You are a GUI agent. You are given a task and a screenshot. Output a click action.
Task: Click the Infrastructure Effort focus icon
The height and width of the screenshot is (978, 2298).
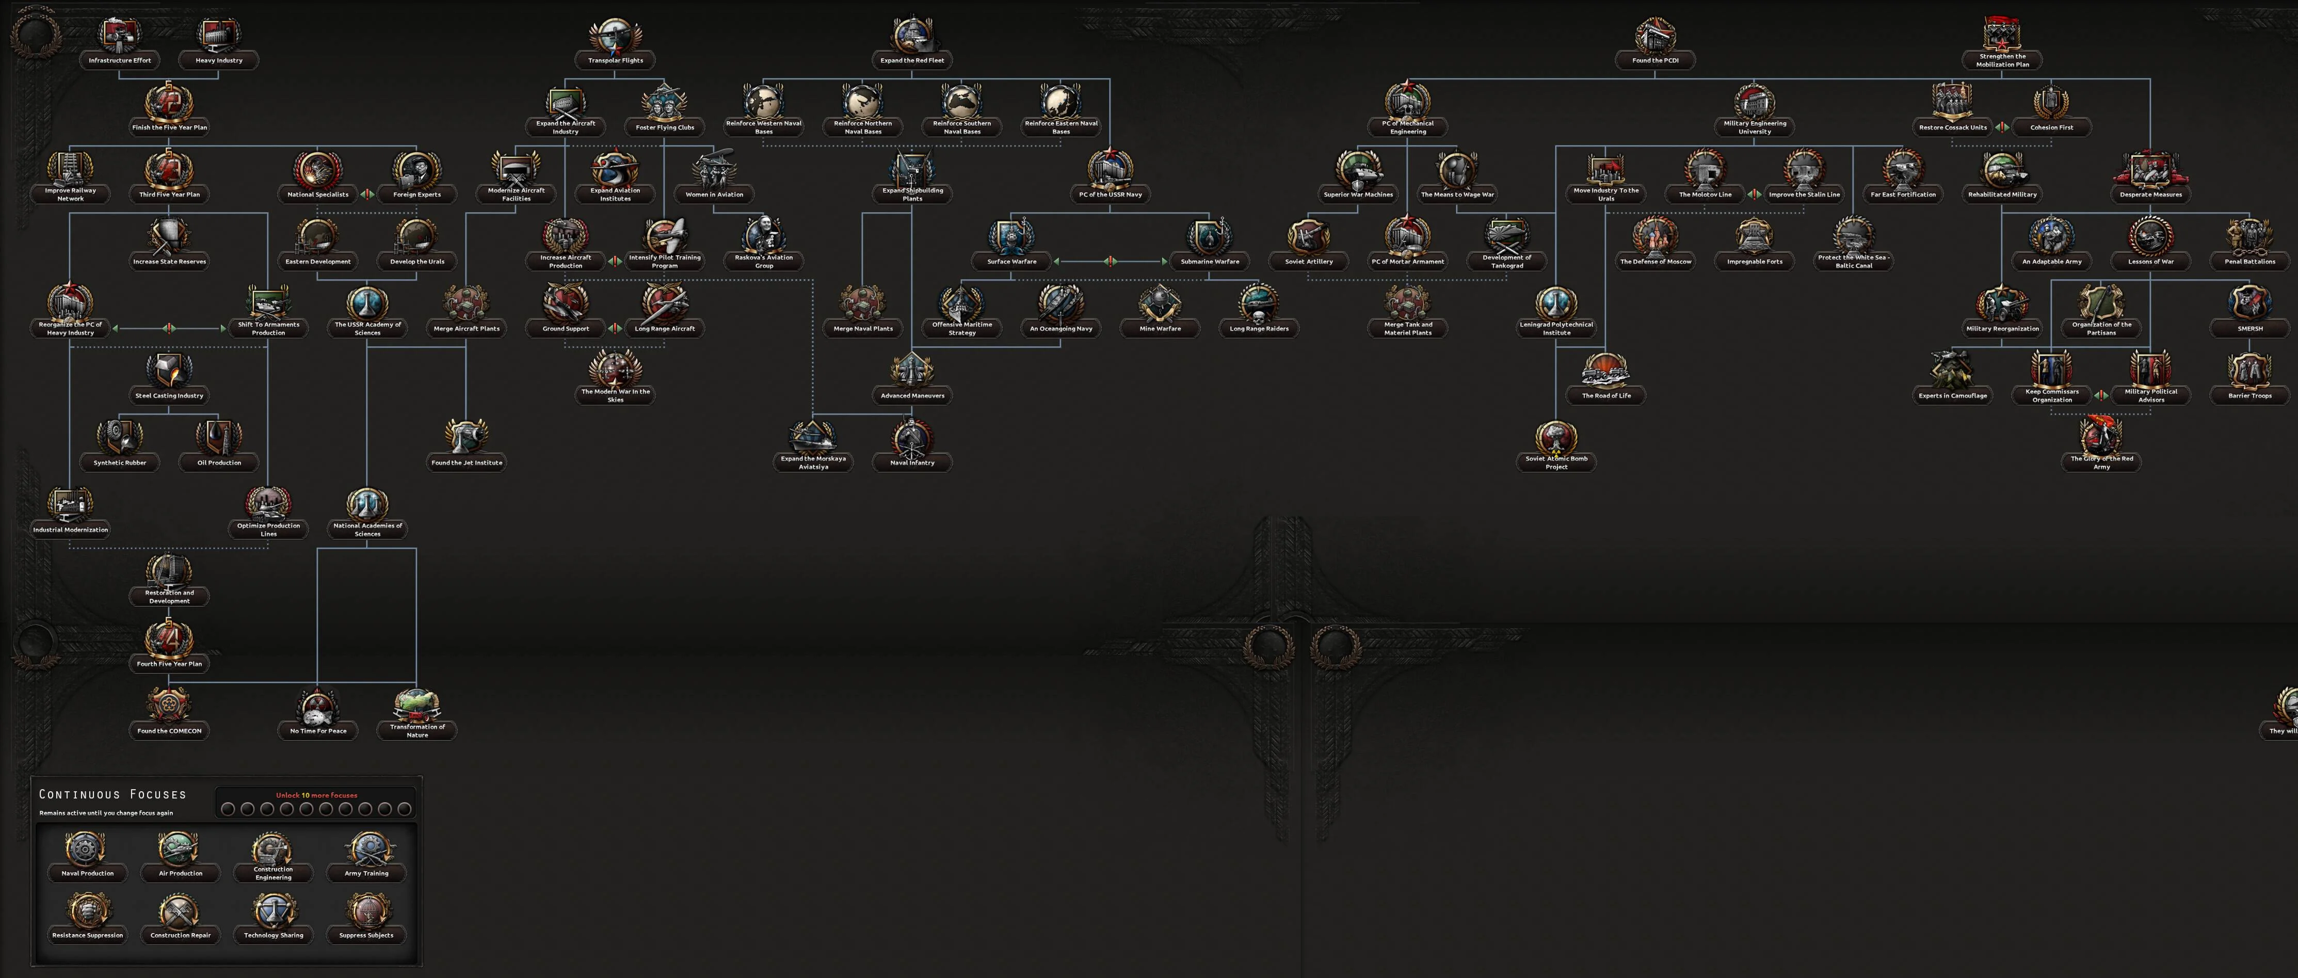120,36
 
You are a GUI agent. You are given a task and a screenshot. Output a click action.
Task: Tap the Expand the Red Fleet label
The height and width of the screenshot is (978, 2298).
912,61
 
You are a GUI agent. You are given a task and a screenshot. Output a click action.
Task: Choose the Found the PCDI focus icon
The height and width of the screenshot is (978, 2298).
1655,36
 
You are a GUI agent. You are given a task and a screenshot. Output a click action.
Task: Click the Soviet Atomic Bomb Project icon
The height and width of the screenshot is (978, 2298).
1556,437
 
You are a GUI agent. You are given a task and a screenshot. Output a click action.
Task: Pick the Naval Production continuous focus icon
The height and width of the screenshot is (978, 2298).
87,848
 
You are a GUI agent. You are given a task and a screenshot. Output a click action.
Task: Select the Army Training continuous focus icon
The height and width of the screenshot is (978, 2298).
366,848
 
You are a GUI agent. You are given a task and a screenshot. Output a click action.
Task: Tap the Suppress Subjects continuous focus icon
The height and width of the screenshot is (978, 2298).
366,910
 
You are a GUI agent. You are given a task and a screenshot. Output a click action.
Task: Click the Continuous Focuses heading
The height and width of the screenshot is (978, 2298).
113,794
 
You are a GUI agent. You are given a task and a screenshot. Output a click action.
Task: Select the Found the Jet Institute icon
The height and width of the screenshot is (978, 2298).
465,437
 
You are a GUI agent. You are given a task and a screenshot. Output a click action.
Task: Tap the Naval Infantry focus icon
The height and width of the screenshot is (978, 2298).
912,437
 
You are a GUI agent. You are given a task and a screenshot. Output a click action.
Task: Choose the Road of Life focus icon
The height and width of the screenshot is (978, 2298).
1606,371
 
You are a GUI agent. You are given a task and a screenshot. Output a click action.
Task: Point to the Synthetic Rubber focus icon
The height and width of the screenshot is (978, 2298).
120,437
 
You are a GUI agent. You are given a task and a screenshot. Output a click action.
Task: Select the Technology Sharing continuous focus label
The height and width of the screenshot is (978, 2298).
273,935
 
